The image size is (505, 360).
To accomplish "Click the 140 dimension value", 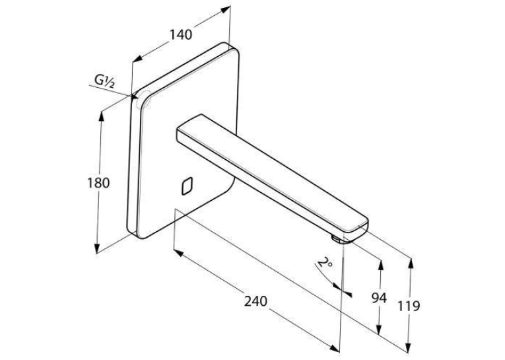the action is [x=181, y=34].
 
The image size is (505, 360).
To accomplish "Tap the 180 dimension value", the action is [x=98, y=183].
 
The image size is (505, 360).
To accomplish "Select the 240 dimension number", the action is [x=255, y=301].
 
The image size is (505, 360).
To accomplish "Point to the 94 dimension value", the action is [x=379, y=298].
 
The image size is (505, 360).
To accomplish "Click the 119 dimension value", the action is [x=409, y=306].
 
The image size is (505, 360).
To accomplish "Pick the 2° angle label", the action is [x=325, y=262].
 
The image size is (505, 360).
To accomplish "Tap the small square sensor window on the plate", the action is [x=187, y=186].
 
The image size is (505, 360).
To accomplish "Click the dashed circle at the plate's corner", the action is [x=144, y=99].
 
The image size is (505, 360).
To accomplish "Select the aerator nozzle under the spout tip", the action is [x=335, y=239].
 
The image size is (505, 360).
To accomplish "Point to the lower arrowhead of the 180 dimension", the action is [x=96, y=248].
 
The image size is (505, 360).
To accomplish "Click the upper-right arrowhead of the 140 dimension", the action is [x=226, y=9].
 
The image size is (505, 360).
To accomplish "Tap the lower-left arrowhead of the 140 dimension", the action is [x=137, y=58].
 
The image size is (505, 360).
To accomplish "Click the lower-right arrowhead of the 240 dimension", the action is [x=335, y=347].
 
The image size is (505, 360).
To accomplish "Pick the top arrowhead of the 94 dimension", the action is [x=381, y=265].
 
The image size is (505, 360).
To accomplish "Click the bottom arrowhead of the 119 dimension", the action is [x=409, y=347].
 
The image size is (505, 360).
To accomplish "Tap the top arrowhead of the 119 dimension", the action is [x=411, y=264].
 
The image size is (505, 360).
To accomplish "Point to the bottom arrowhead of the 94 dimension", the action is [x=379, y=330].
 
